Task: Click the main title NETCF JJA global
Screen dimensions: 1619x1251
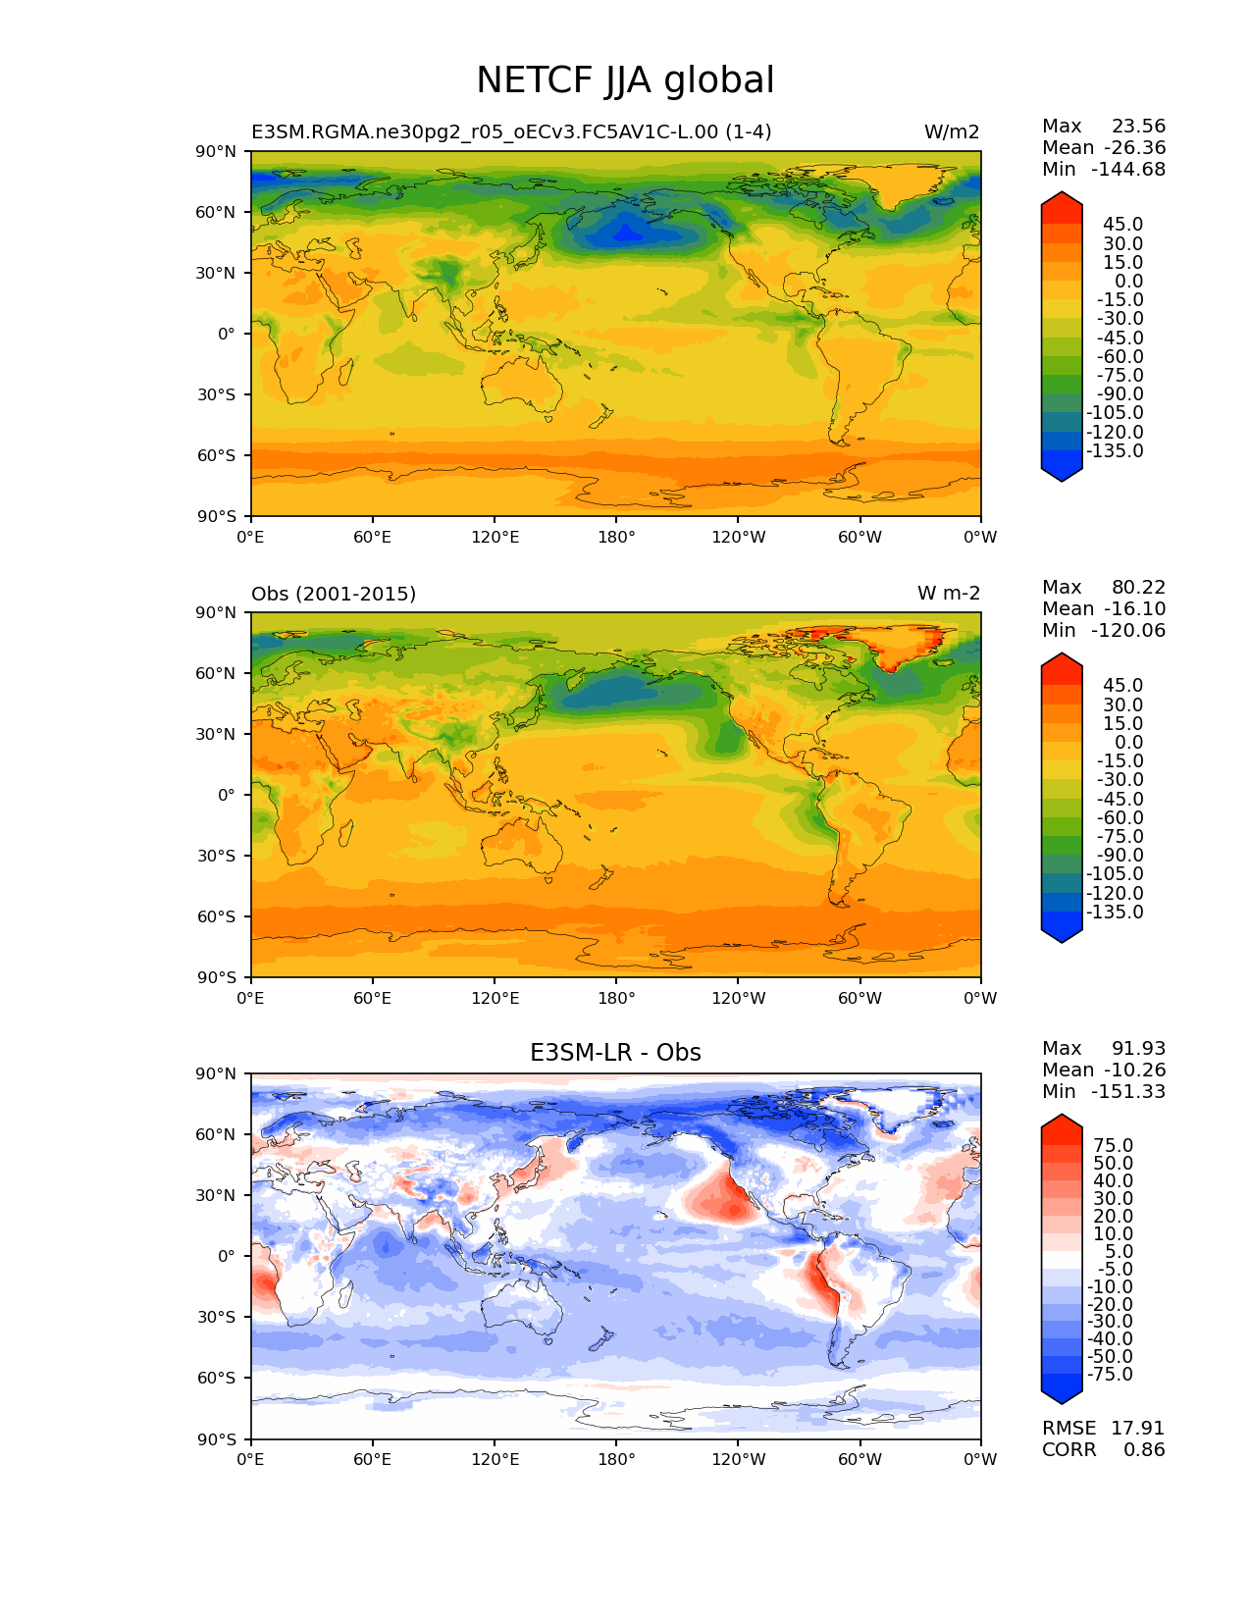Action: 625,80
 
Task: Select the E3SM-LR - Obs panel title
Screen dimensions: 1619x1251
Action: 615,1053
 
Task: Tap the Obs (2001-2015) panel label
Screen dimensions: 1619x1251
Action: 334,594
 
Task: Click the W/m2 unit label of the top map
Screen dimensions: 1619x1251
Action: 951,132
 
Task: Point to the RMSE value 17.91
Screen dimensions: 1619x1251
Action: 1137,1428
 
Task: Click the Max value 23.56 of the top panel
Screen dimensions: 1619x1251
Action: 1138,126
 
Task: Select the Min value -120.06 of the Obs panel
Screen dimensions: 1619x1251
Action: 1130,630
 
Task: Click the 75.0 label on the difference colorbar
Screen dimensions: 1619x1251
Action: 1114,1145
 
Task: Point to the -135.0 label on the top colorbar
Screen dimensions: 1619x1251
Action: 1115,450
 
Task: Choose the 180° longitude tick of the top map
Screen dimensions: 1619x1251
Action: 616,537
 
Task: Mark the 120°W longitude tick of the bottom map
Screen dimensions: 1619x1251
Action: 739,1459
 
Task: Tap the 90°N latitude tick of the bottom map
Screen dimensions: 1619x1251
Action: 219,1073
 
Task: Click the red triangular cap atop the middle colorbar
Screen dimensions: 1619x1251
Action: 1062,666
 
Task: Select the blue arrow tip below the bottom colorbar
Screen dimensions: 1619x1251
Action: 1062,1392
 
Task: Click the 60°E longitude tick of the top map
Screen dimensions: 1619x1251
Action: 373,537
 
